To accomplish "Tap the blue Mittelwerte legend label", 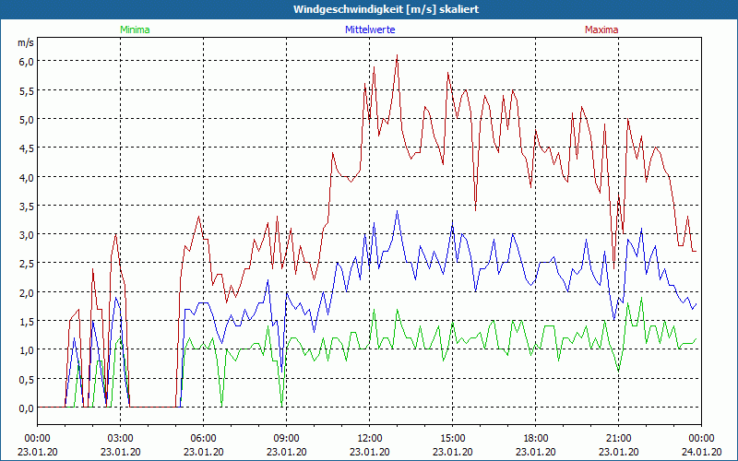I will click(369, 30).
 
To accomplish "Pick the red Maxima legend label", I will click(601, 30).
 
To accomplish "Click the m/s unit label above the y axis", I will click(26, 42).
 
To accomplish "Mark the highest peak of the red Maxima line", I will click(397, 55).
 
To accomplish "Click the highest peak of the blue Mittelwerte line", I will click(397, 211).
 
